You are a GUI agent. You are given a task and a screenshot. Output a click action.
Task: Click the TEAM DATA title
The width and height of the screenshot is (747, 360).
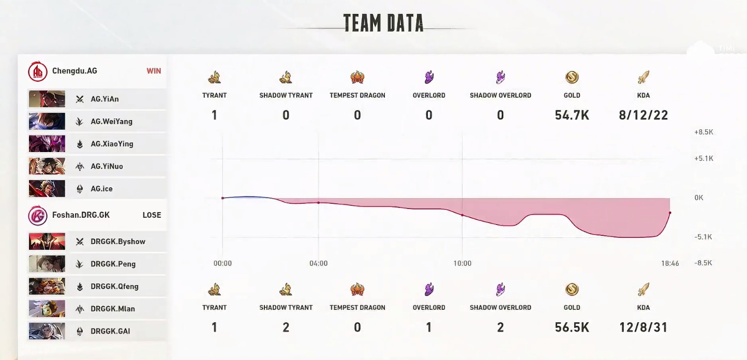[383, 23]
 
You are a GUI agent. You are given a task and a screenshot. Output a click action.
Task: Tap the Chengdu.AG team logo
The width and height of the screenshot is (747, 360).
[37, 71]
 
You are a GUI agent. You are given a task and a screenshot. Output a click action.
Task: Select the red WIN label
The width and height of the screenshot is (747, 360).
[154, 71]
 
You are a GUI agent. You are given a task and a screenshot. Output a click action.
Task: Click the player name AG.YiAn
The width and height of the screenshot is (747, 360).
[104, 99]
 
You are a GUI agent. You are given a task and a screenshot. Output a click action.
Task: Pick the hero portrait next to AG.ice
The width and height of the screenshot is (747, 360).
[47, 189]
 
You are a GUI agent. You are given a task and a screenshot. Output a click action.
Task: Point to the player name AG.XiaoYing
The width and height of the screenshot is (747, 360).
[112, 144]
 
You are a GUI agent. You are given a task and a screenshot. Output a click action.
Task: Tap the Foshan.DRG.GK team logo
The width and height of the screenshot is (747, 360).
[37, 215]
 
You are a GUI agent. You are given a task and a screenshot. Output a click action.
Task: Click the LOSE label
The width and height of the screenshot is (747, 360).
[152, 215]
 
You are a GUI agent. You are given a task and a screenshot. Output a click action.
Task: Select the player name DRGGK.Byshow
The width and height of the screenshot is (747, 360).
[118, 242]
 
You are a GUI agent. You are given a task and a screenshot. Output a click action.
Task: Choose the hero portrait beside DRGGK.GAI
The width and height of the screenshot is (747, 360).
[47, 331]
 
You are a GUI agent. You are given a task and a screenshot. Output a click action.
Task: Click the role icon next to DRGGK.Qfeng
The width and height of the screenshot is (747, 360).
[80, 287]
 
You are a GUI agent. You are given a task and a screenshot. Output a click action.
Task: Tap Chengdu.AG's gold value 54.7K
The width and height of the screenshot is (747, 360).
[572, 115]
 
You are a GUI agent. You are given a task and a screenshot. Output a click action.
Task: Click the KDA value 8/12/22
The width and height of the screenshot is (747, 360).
[643, 115]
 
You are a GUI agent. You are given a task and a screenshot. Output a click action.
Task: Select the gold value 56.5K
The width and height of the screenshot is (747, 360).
[572, 327]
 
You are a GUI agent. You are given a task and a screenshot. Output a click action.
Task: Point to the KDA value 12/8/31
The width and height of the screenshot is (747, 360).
[643, 327]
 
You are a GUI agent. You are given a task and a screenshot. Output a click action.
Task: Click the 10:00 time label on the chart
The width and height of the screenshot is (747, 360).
[462, 263]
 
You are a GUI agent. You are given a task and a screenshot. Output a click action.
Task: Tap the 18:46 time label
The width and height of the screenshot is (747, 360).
[670, 263]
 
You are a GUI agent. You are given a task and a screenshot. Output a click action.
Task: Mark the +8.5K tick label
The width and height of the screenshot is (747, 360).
[704, 132]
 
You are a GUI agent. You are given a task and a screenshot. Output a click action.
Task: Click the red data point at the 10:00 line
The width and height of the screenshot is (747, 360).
[462, 215]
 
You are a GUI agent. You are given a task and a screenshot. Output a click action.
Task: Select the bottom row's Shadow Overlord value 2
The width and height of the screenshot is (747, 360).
[500, 327]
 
